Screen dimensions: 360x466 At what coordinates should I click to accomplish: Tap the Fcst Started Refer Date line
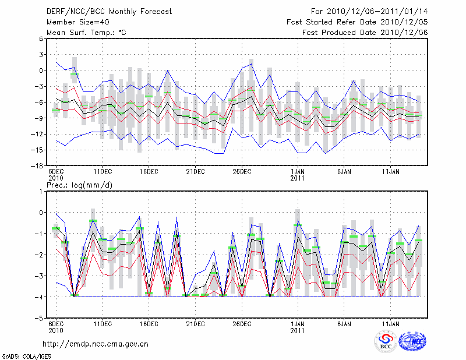357,22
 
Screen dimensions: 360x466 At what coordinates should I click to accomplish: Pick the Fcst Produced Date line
365,33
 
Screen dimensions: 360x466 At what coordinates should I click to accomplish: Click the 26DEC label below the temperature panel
242,172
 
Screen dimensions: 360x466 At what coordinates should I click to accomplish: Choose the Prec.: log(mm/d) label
80,185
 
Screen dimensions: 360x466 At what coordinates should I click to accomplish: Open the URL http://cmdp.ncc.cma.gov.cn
96,344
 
